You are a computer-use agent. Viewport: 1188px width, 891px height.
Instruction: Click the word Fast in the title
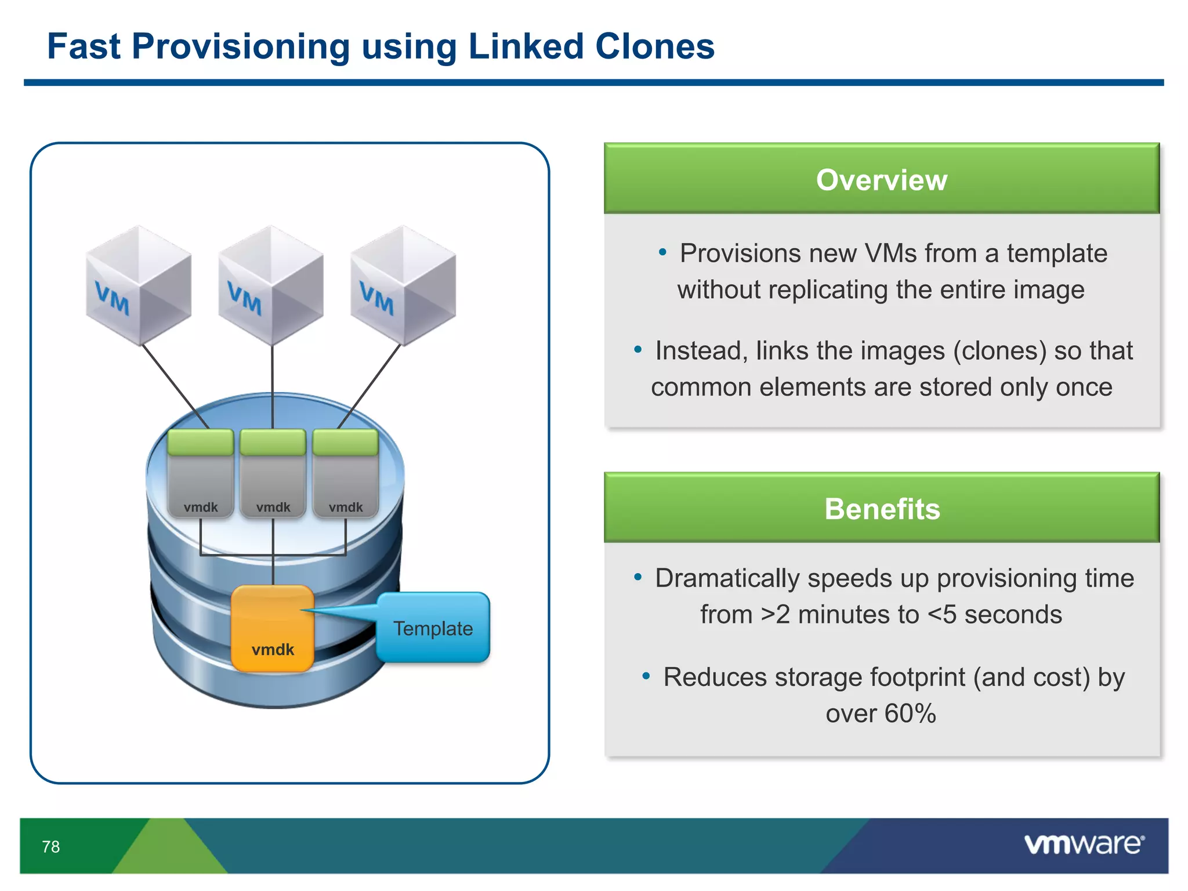point(84,46)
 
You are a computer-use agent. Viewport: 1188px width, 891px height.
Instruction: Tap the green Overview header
point(881,179)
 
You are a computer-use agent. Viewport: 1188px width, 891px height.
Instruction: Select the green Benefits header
point(881,509)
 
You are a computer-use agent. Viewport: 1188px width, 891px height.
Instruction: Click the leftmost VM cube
point(139,285)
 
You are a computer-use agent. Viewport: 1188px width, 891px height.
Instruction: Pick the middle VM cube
point(271,285)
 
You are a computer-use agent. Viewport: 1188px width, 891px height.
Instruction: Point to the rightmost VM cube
point(403,285)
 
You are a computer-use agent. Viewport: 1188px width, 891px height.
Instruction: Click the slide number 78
point(51,847)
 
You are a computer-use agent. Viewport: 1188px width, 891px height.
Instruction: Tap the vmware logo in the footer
point(1084,844)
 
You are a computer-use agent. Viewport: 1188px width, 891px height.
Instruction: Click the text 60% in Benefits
point(910,713)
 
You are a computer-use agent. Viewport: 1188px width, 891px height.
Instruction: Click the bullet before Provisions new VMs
point(662,252)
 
